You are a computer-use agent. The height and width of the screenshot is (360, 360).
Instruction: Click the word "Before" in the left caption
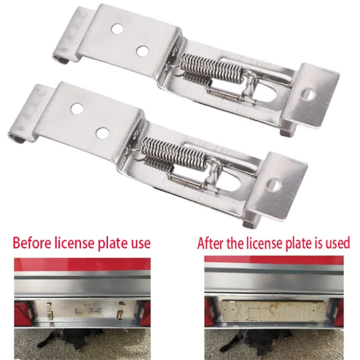pyautogui.click(x=31, y=243)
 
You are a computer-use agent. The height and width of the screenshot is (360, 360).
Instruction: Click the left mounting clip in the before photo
pyautogui.click(x=49, y=310)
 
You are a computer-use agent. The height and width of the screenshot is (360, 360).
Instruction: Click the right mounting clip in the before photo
pyautogui.click(x=121, y=310)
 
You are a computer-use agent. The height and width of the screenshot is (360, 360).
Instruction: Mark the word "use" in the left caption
pyautogui.click(x=139, y=243)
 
